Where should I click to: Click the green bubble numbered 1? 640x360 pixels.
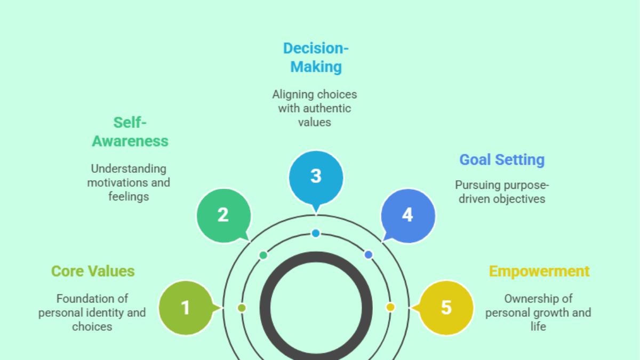185,308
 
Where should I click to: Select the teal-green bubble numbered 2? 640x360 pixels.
223,215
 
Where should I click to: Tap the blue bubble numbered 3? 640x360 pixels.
316,177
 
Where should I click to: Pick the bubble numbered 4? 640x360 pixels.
407,215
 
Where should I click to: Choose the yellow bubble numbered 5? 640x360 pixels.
446,308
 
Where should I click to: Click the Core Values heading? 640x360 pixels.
93,271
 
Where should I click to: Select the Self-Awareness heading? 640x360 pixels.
130,132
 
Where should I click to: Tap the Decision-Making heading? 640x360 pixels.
316,58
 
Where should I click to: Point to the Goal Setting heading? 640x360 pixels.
502,159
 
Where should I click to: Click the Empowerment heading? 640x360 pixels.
539,271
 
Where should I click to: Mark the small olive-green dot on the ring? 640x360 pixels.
242,308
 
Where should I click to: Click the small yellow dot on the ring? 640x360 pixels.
390,307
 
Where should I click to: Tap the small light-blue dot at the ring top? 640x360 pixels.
316,233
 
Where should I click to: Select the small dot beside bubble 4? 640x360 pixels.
369,255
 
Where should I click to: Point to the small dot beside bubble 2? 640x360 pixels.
263,255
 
